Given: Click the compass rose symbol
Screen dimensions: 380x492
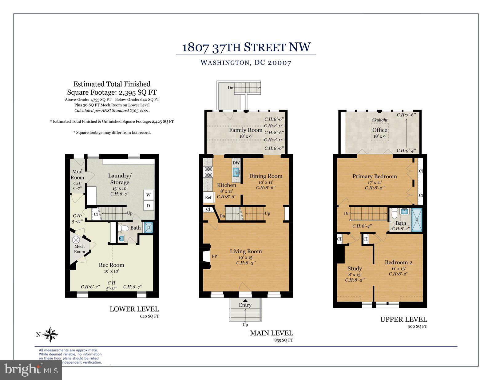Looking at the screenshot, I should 50,334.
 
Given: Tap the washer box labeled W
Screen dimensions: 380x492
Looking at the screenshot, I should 149,195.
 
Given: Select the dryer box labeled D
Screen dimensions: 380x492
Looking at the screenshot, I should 149,206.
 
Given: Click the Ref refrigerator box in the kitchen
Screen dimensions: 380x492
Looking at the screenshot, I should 208,197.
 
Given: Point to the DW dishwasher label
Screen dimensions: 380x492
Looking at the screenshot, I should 236,163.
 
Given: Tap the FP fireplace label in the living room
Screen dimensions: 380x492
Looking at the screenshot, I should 214,256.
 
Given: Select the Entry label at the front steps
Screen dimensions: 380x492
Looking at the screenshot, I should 245,305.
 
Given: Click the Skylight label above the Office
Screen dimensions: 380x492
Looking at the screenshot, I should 380,120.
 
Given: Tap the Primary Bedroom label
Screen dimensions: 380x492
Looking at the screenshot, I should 375,176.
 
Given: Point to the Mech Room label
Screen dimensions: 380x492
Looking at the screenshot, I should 79,249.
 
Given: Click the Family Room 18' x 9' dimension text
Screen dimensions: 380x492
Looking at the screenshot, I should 246,136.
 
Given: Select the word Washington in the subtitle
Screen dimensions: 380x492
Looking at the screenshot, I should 224,63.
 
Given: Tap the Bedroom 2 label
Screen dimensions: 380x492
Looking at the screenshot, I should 399,262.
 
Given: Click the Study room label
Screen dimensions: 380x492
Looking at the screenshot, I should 355,268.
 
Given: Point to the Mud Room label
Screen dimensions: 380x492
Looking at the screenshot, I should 77,174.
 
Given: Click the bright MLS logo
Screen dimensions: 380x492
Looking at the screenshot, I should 31,370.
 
